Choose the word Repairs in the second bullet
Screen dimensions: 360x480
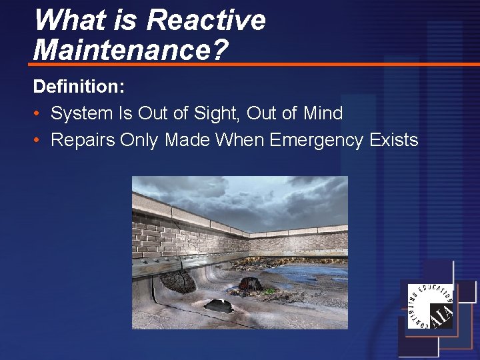point(83,140)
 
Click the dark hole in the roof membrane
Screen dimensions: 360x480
point(219,305)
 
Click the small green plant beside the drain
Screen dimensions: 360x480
point(270,291)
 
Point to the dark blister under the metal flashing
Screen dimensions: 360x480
point(179,281)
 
